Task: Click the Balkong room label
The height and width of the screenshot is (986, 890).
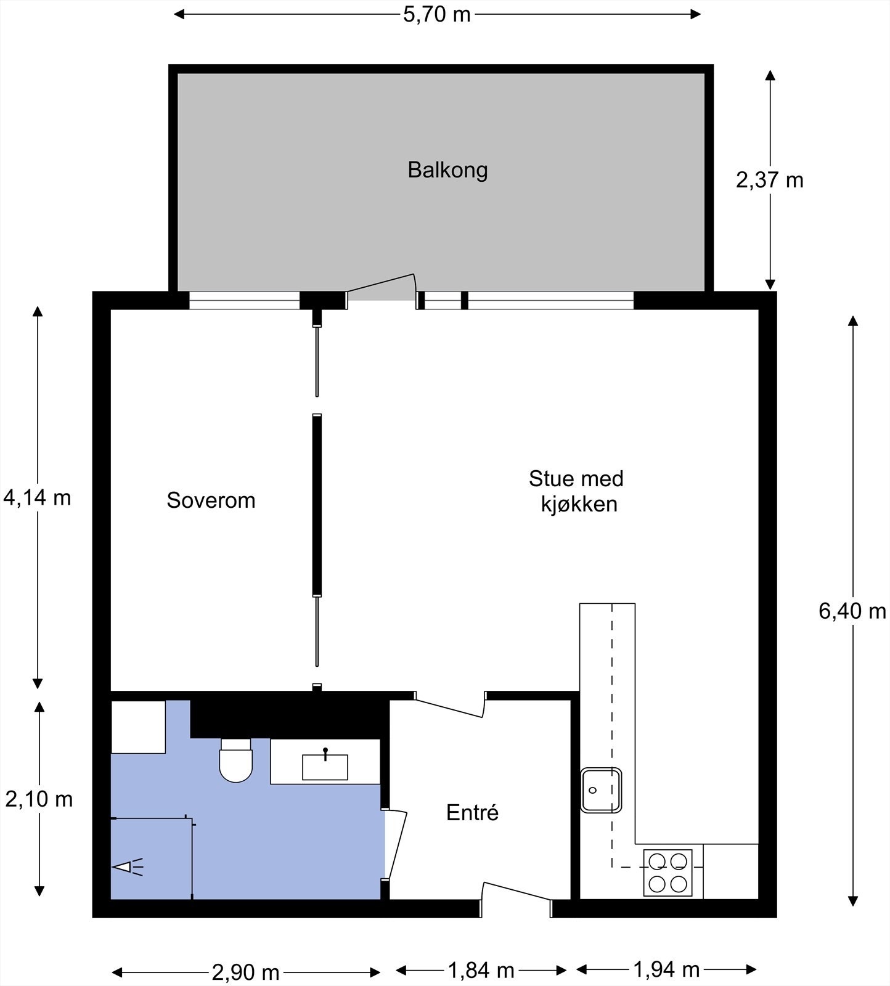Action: point(447,170)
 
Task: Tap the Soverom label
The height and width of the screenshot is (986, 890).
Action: point(211,500)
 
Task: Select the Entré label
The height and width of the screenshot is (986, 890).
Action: point(472,813)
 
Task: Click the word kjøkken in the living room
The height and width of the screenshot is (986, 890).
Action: point(579,504)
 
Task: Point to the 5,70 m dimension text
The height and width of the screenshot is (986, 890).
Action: point(436,14)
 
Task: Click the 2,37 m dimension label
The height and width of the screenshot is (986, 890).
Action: point(769,180)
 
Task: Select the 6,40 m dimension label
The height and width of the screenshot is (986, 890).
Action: point(852,611)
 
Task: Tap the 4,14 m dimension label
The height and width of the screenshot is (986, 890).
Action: point(37,497)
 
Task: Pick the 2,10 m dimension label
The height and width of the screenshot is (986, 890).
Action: point(39,799)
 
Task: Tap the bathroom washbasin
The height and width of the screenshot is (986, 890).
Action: point(325,767)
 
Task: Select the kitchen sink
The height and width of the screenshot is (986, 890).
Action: point(600,790)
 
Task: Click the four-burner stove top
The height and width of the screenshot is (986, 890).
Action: point(667,873)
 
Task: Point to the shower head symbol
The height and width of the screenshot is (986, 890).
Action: point(127,867)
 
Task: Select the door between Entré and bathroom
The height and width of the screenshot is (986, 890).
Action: point(394,844)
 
